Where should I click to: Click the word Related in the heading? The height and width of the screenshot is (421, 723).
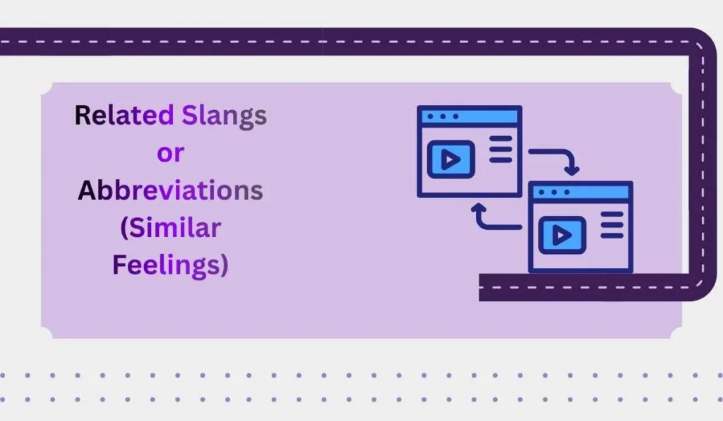(124, 115)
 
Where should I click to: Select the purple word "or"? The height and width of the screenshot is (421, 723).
(170, 152)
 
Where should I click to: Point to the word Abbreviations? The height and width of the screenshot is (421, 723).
(170, 190)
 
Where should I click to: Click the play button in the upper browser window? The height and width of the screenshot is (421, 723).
(450, 159)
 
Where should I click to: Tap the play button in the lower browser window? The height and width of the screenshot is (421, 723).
(562, 235)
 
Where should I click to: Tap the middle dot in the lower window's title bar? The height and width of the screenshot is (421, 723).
(554, 191)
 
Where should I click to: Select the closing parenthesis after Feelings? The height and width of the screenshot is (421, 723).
(224, 267)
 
